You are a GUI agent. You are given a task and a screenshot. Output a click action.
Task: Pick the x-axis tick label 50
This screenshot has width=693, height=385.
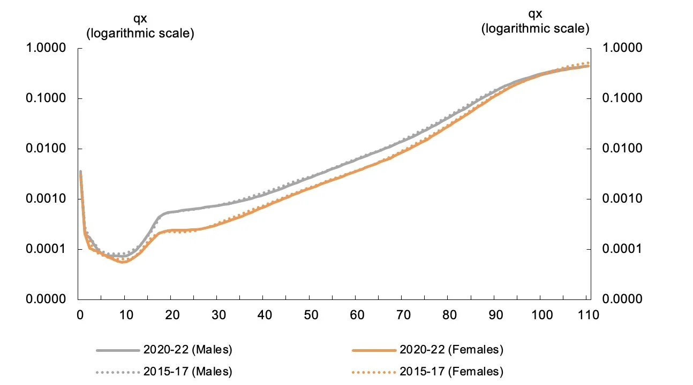pyautogui.click(x=311, y=315)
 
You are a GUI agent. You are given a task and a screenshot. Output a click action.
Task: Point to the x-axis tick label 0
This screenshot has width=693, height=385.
pyautogui.click(x=79, y=315)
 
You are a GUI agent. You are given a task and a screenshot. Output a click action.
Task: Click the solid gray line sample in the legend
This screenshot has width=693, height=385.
pyautogui.click(x=118, y=351)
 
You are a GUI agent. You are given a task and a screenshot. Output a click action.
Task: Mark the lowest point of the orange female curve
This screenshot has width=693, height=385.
pyautogui.click(x=124, y=262)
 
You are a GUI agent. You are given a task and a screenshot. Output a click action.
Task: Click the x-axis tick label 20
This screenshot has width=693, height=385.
pyautogui.click(x=172, y=315)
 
